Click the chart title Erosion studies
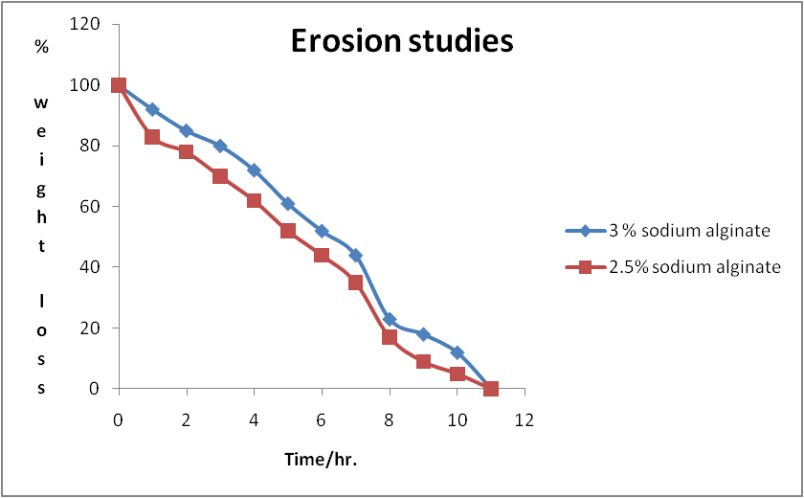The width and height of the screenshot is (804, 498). [x=402, y=41]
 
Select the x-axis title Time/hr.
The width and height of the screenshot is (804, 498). [x=321, y=459]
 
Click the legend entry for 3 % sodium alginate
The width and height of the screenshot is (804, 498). [x=668, y=231]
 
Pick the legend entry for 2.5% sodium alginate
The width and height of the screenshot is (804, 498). [x=673, y=266]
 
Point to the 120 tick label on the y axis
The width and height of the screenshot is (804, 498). [x=84, y=24]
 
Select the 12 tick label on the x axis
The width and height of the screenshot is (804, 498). [x=525, y=420]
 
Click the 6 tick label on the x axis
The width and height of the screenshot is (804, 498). [x=322, y=420]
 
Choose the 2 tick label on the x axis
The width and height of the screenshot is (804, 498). [x=186, y=420]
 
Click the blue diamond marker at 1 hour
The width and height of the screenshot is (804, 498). [x=152, y=110]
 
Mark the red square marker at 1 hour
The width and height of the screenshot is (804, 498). [x=152, y=137]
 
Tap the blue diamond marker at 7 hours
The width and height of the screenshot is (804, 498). [x=355, y=256]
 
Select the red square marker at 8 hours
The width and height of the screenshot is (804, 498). [x=390, y=337]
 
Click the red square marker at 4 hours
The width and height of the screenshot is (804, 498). [x=254, y=200]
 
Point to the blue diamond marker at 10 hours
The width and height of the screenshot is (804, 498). [x=457, y=352]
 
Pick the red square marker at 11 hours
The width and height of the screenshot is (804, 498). [x=491, y=388]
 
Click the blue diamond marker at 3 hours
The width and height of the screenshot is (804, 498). [x=220, y=147]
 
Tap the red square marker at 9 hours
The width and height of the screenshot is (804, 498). [x=423, y=362]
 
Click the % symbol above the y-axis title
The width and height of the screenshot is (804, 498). [x=41, y=47]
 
